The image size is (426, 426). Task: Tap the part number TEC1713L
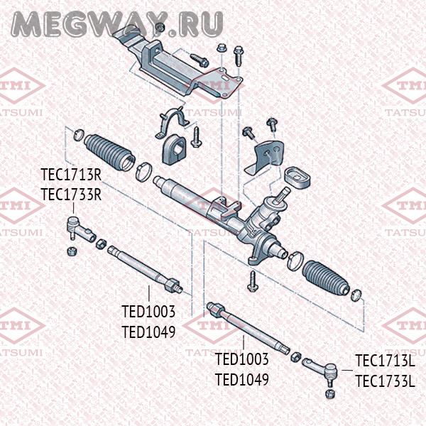(x=384, y=361)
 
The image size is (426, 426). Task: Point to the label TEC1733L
(x=384, y=382)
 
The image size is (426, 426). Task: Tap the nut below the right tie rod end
(x=328, y=393)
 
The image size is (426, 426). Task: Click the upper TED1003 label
(x=148, y=312)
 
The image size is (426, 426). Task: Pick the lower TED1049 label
(x=241, y=380)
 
